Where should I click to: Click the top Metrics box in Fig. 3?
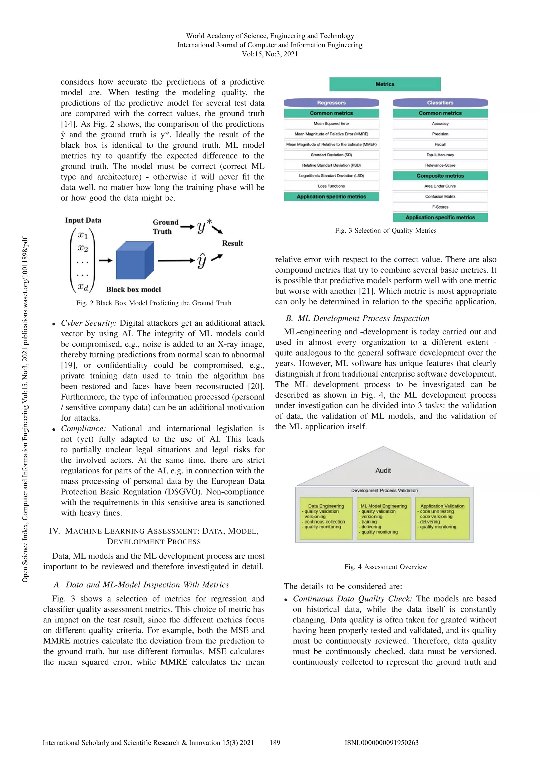(x=385, y=84)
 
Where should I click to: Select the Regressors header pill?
(x=331, y=103)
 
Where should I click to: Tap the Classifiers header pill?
(x=440, y=103)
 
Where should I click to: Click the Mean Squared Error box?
(x=331, y=123)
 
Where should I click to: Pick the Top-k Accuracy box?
(x=440, y=155)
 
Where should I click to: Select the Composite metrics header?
(x=440, y=176)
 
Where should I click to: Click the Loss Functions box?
(x=331, y=186)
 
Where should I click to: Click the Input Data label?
(x=83, y=220)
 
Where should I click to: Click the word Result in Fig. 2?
(x=232, y=243)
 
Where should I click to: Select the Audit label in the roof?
(x=383, y=470)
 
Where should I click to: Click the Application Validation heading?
(x=442, y=506)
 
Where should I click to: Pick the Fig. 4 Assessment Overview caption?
(x=385, y=567)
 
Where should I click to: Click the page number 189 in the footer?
(x=275, y=742)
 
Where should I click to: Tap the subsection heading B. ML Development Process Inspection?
(x=357, y=319)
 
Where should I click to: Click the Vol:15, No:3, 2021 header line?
(x=270, y=54)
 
